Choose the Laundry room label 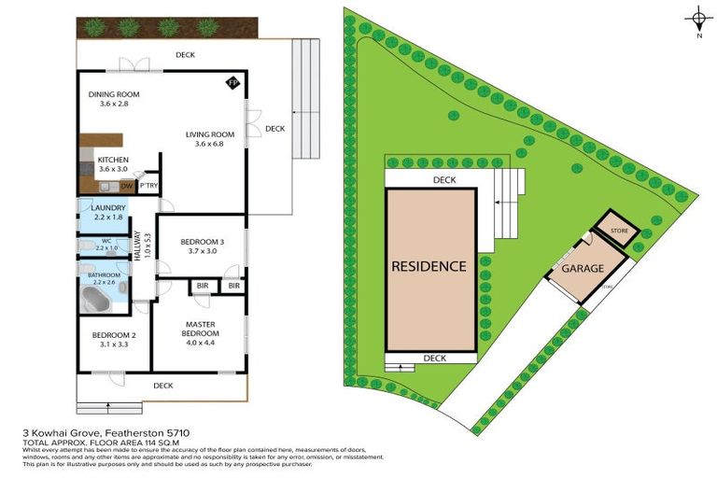tap(95, 210)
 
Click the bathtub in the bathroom tap(95, 301)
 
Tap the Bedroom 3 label tap(190, 246)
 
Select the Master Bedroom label tap(201, 329)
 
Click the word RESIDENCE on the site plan tap(429, 266)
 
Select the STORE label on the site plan tap(619, 230)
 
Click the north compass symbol tap(698, 19)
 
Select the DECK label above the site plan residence tap(443, 180)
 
